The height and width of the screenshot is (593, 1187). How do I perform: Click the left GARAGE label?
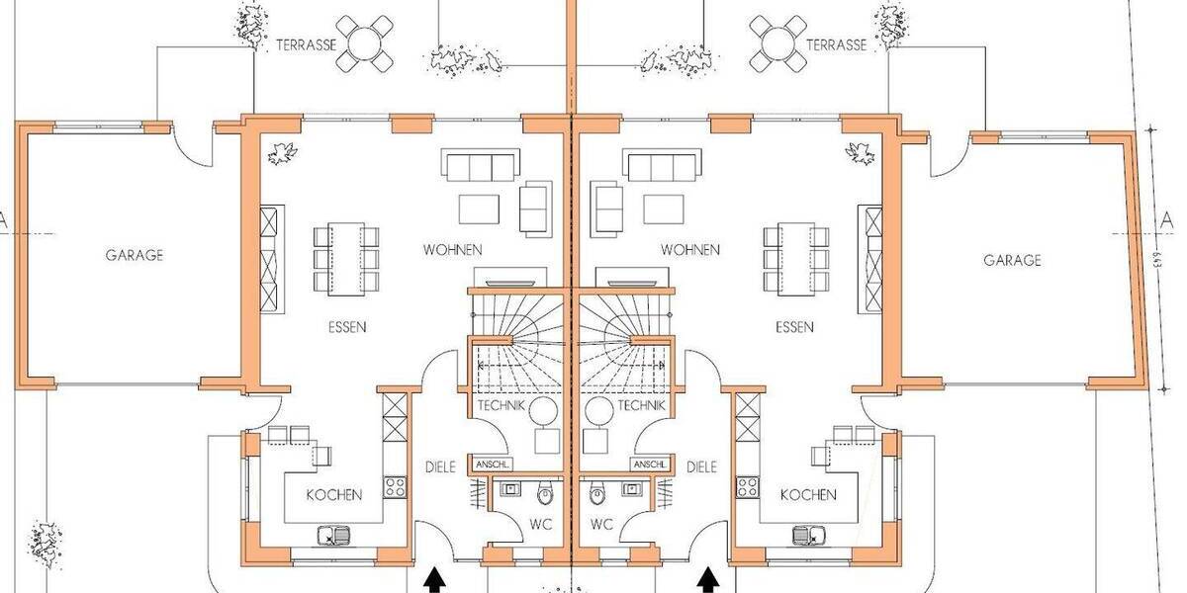(135, 254)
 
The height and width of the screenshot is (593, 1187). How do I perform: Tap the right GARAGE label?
(1012, 261)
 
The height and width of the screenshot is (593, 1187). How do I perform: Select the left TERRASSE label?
(308, 44)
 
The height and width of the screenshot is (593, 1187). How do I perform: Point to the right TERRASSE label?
(836, 44)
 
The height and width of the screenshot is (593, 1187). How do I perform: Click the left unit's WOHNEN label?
(452, 249)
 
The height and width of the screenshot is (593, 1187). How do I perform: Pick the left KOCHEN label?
(333, 494)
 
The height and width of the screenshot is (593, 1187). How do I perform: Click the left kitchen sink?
(329, 537)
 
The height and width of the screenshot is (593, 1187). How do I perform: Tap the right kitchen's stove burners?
(749, 486)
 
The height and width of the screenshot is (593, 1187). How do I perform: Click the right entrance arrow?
(707, 580)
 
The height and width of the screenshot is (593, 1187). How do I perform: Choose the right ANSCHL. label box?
(650, 465)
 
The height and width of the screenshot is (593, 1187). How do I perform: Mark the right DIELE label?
(700, 467)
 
